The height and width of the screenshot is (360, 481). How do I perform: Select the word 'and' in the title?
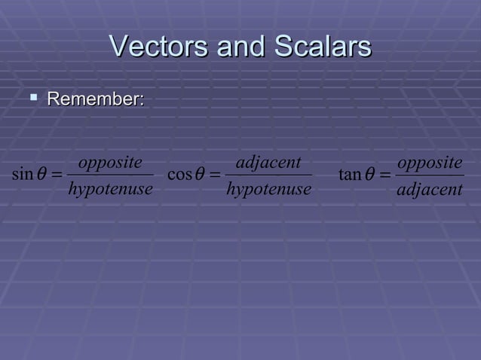pos(242,47)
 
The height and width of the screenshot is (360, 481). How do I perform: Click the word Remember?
pos(96,99)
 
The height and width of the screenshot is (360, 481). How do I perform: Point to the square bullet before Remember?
pos(35,98)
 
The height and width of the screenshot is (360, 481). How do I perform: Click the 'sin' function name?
pos(23,175)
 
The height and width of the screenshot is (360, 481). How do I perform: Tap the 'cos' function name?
pos(179,175)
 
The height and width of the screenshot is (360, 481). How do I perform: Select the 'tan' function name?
pos(350,175)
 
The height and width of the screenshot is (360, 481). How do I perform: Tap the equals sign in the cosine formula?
pos(216,175)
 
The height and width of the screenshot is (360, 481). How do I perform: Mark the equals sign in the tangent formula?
pos(385,175)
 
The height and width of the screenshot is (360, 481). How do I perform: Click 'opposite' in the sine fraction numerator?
pos(110,163)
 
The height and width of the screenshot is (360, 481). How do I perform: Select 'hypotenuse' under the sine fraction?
pos(110,189)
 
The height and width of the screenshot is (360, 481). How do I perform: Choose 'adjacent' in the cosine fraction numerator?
pos(268,163)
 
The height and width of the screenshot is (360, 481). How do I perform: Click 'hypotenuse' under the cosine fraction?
pos(268,189)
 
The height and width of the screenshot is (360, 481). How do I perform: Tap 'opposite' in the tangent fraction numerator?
pos(430,163)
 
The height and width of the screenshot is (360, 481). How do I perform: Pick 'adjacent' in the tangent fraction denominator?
pos(430,189)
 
